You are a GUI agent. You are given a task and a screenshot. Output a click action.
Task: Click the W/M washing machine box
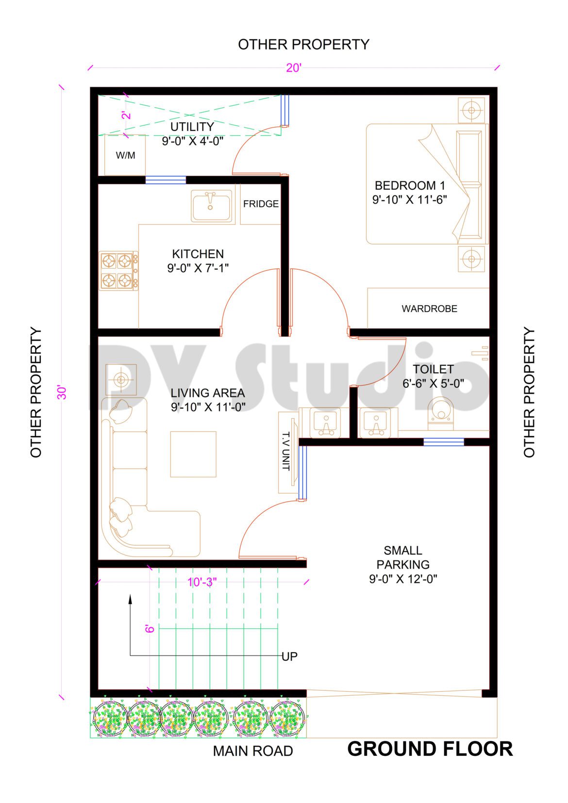(x=125, y=155)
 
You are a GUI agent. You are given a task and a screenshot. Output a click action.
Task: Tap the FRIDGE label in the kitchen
(x=261, y=204)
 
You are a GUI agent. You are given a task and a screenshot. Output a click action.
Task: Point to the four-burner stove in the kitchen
(x=118, y=271)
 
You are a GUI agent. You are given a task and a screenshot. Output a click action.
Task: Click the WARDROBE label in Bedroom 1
(x=429, y=309)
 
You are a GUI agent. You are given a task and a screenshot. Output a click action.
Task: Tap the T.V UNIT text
(x=286, y=451)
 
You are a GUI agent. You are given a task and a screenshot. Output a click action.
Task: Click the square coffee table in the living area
(x=193, y=454)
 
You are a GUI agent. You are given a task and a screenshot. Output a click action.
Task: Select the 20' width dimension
(x=294, y=67)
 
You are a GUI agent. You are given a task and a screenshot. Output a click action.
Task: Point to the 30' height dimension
(x=62, y=392)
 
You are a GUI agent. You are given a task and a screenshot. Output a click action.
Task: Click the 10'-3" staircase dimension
(x=202, y=582)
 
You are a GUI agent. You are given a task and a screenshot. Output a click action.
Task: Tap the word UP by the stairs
(x=289, y=656)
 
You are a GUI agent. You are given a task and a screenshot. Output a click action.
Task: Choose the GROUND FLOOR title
(x=430, y=749)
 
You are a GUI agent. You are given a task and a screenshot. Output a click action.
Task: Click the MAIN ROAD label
(x=252, y=751)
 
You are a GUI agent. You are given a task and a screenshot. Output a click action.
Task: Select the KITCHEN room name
(x=198, y=254)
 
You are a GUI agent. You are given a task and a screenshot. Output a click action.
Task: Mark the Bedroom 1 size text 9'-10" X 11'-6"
(x=409, y=199)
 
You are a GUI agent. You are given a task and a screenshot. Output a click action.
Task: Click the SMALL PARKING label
(x=403, y=557)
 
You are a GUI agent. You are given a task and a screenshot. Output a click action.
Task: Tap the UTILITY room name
(x=192, y=127)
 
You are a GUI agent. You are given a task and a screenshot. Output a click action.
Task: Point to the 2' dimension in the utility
(x=126, y=115)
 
